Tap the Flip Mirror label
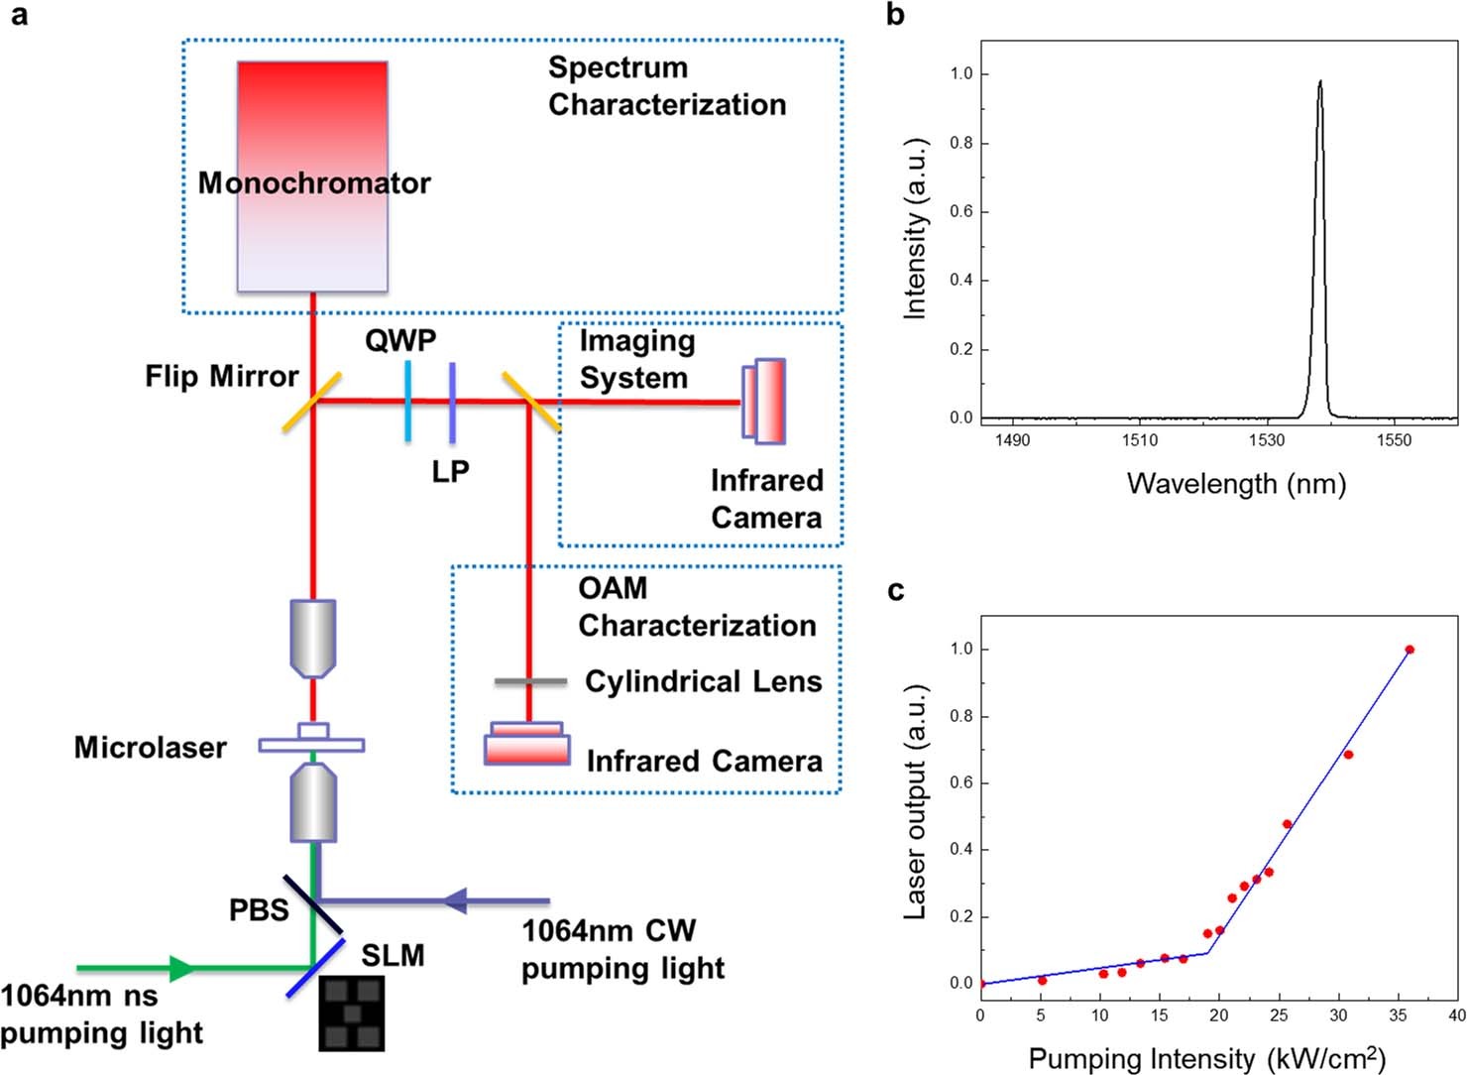coord(221,377)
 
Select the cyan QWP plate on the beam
coord(407,401)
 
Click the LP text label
coord(450,471)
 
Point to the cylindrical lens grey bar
coord(530,682)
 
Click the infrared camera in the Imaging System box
coord(764,401)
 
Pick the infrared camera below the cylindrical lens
coord(527,744)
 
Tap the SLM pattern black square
coord(351,1014)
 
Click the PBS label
coord(259,909)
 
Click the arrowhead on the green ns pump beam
coord(181,968)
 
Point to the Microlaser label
coord(151,748)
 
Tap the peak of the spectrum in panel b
coord(1319,83)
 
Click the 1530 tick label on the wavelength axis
coord(1266,440)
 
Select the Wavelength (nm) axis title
coord(1236,484)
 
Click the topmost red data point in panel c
coord(1410,650)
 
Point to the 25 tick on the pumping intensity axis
coord(1279,1015)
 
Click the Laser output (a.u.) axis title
coord(914,801)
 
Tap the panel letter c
coord(896,591)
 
